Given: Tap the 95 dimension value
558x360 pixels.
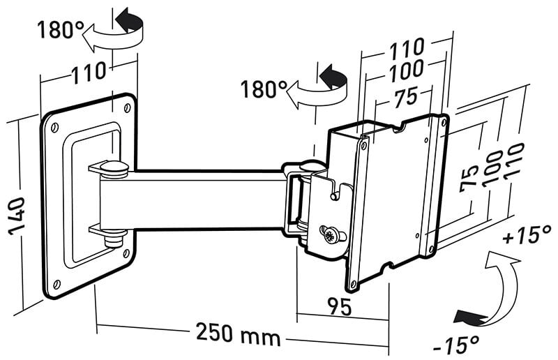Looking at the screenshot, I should pos(338,306).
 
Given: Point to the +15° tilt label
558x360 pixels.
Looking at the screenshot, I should pos(528,234).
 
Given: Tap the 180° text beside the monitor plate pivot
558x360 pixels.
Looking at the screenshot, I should pos(264,89).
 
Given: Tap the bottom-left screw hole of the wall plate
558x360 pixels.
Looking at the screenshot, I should pos(56,283).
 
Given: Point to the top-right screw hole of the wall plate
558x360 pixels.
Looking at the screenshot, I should pos(127,107).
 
